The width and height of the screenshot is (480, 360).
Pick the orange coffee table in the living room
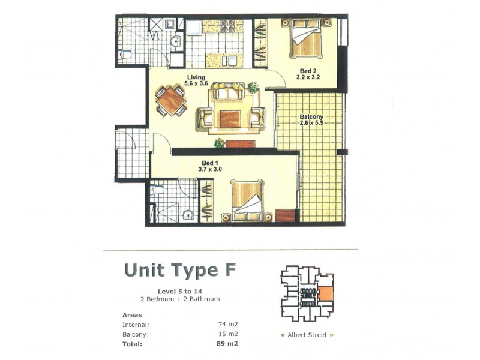coord(230,118)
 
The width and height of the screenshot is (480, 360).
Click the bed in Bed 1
coord(247,200)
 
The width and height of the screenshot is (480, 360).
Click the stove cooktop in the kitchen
coord(228,26)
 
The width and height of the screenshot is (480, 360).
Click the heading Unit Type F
coord(179,270)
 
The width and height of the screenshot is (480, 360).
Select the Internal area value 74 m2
coord(227,325)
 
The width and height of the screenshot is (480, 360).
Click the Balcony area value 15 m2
coord(227,334)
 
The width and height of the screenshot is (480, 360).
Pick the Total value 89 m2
coord(226,344)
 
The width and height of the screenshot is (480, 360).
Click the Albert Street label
coord(307,335)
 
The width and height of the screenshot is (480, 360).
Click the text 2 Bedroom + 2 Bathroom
coord(180,299)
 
